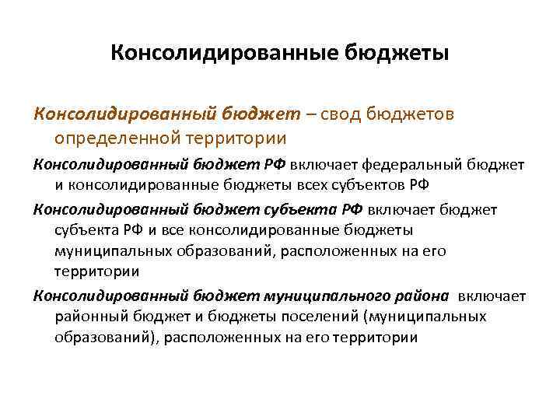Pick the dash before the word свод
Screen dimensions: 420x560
click(x=312, y=115)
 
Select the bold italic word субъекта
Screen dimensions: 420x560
click(x=301, y=209)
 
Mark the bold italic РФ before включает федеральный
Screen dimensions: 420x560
click(x=277, y=165)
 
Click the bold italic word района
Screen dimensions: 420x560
click(x=422, y=296)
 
